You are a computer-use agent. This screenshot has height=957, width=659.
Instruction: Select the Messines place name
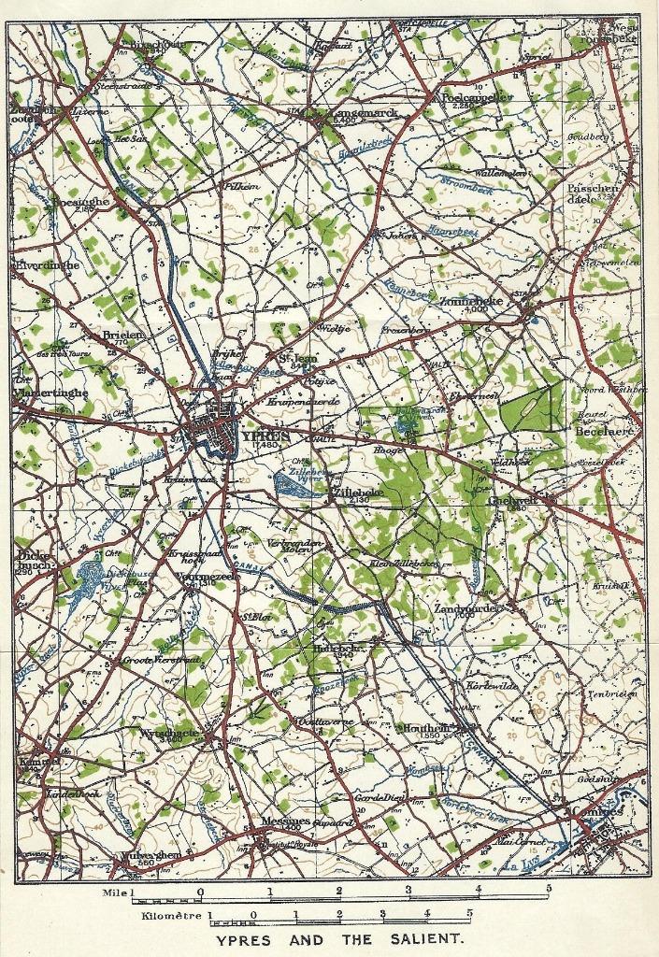click(285, 820)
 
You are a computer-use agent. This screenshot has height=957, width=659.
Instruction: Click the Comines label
click(597, 811)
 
